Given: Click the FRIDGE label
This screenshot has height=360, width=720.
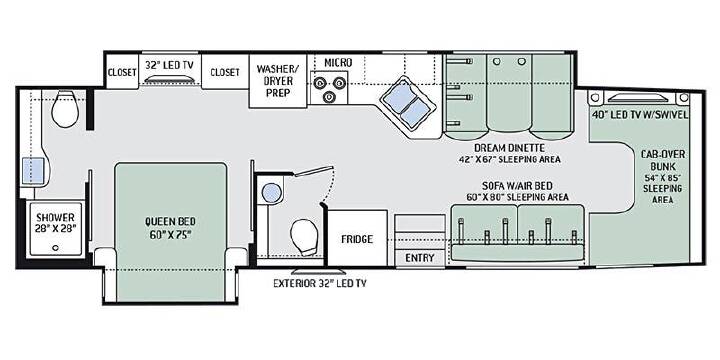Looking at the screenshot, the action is coord(357,239).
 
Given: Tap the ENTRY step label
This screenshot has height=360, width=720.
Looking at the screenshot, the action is coord(419,258).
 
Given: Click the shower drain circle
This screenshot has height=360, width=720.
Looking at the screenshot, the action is coord(56,248).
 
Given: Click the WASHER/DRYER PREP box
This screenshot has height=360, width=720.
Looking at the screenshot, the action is coord(278,81).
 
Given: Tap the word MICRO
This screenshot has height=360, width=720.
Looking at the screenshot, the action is coord(338,62).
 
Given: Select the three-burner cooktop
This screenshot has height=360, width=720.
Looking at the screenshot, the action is coord(328,88).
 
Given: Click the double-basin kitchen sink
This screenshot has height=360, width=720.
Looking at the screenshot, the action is coord(408,105).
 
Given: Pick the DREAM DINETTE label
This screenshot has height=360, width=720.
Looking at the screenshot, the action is coord(509,148).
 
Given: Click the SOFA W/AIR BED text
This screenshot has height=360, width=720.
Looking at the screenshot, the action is coord(517,186).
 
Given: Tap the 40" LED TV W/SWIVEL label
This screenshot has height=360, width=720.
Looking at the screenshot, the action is coord(640,115).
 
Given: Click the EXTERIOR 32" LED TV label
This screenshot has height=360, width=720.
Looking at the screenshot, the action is coord(320,283).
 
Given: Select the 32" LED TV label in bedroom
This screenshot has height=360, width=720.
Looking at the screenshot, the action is coord(169,65).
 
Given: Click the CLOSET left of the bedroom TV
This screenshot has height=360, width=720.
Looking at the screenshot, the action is coord(122,72).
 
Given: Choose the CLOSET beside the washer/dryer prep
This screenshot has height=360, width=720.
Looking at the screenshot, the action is coord(225,72).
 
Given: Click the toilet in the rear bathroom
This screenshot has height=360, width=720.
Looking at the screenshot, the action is coord(65,108).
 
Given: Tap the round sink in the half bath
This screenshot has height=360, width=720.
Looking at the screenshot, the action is coord(271,193).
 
